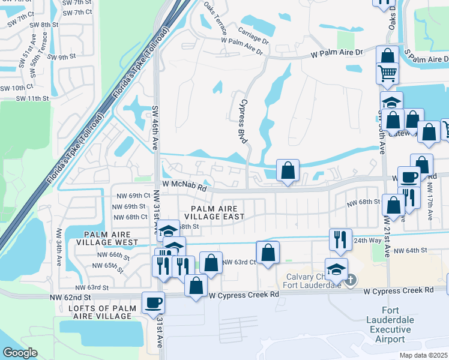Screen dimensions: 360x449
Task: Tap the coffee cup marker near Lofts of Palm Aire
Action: coord(152,302)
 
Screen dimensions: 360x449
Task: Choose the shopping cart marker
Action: coord(387,73)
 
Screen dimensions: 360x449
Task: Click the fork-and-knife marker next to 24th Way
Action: coord(340,239)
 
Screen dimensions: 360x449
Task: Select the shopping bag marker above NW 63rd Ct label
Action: coord(268,251)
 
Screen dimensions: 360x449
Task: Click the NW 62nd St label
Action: coord(75,297)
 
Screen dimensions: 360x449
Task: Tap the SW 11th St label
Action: coord(32,98)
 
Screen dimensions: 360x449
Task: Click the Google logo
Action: coord(19,353)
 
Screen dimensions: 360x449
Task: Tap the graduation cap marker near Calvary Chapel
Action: coord(336,268)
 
